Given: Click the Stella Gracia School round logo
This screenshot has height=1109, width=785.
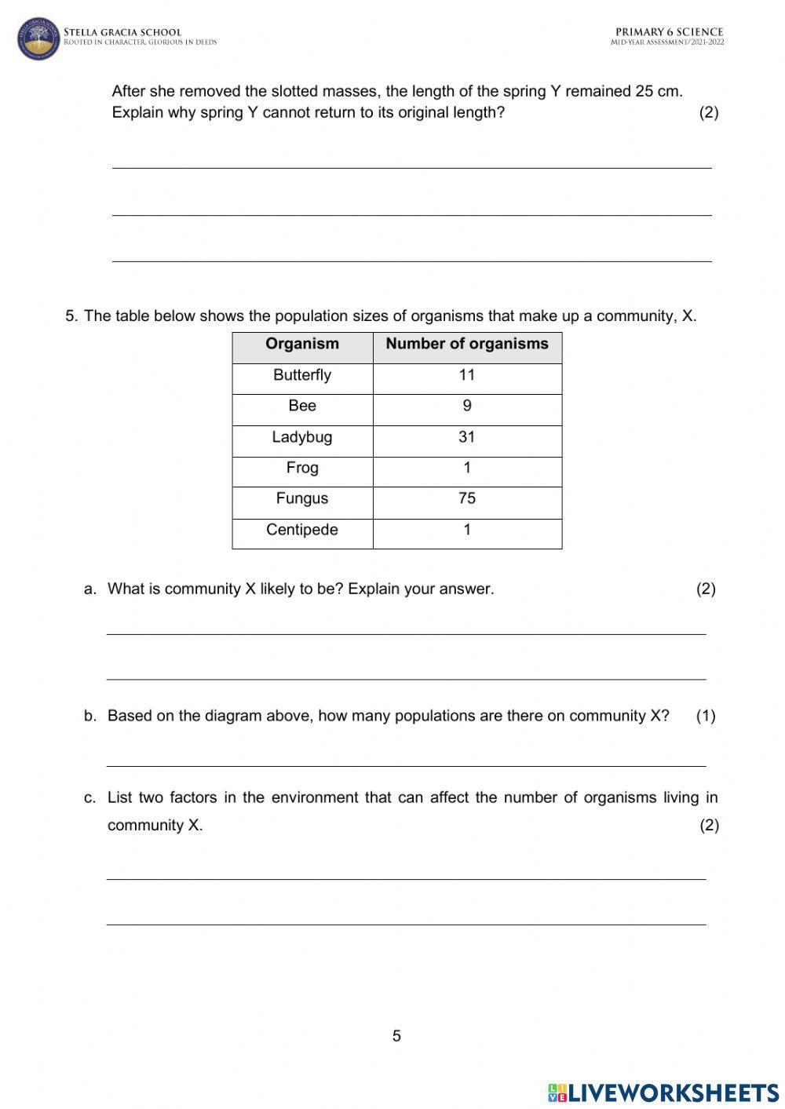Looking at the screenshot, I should coord(38,38).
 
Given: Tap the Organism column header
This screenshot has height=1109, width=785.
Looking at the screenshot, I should coord(302,344).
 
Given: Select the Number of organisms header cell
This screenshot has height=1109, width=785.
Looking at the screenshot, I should coord(467,344).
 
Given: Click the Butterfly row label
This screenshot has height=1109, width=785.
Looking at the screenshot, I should coord(302,375).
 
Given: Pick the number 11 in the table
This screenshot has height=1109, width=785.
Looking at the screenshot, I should coord(467,375).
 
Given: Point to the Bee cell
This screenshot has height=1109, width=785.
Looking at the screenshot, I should coord(302,406).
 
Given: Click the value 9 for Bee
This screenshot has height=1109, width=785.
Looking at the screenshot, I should coord(467,406).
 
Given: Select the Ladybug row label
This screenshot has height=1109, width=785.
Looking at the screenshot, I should coord(302,437).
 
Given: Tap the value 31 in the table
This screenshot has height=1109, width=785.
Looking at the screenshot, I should coord(467,437).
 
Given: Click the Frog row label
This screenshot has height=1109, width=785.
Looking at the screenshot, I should coord(302,468).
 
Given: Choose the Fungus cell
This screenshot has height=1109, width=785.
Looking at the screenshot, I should coord(302,498).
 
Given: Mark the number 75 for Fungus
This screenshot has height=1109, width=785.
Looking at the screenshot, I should coord(467,498).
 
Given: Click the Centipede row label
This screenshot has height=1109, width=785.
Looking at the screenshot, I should coord(302,530).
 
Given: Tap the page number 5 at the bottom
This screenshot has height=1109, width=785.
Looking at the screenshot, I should coord(396,1036).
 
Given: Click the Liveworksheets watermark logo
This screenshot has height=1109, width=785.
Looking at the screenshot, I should coord(663,1092).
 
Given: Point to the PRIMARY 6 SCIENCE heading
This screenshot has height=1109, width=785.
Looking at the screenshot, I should coord(669,32).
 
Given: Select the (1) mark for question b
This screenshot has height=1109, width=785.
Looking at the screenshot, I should coord(706,716).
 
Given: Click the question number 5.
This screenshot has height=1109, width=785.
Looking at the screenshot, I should coord(71,316).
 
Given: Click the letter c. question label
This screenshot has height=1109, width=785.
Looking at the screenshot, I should coord(90,798).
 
